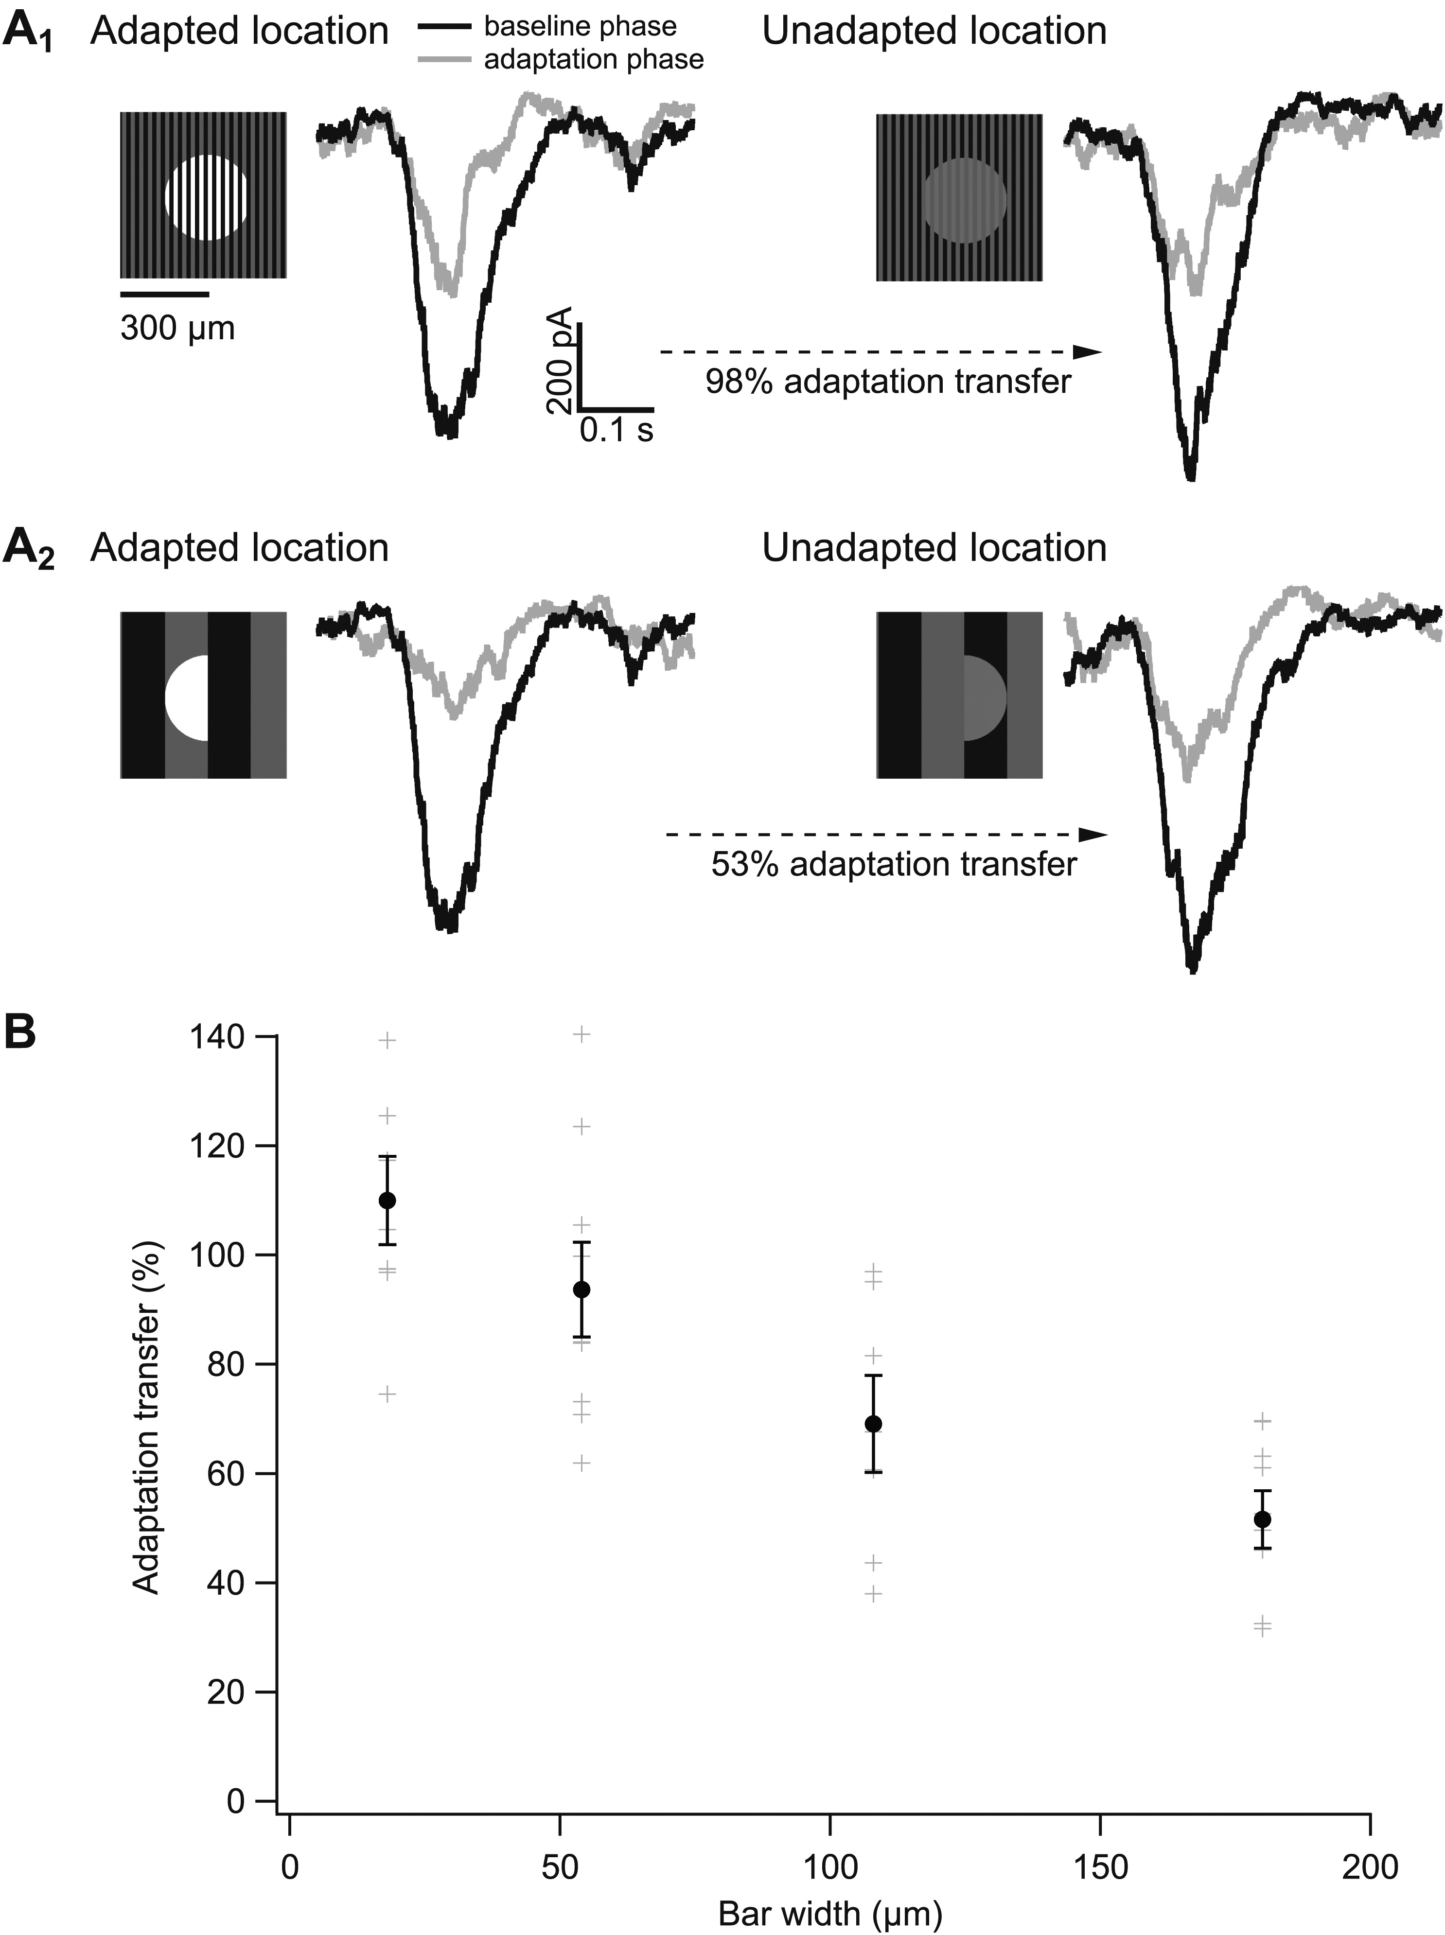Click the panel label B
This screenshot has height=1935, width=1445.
click(21, 1033)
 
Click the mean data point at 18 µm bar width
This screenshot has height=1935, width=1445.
click(388, 1201)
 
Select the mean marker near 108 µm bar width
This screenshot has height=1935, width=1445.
click(873, 1424)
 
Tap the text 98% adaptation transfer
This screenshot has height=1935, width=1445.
click(888, 382)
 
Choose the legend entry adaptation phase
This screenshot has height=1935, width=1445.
click(593, 59)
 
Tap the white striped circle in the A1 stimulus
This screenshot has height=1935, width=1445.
click(207, 198)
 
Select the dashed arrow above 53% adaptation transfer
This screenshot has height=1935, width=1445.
click(885, 835)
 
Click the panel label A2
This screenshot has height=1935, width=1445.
click(29, 550)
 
